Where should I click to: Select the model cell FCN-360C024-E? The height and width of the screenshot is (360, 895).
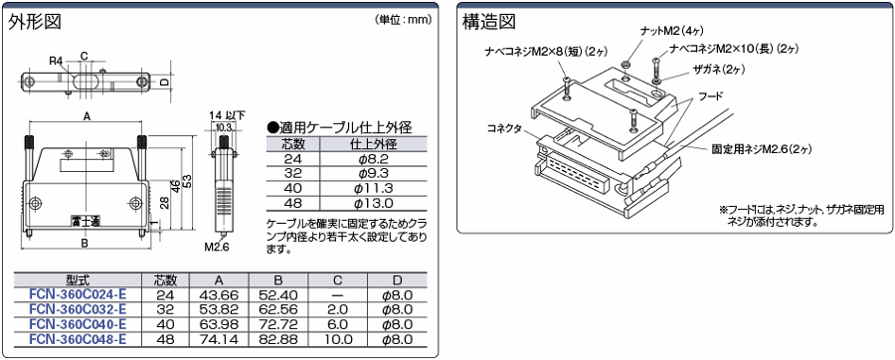click(78, 294)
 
